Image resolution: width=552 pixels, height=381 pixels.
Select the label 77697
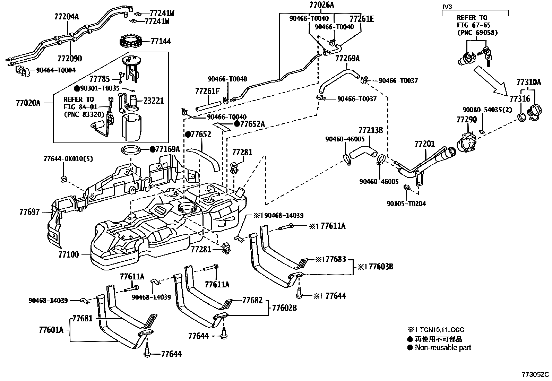(x=29, y=212)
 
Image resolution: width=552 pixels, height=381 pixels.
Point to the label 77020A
(x=28, y=103)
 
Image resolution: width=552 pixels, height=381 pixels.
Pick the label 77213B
(x=370, y=130)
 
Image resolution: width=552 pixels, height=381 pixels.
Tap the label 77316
(x=520, y=99)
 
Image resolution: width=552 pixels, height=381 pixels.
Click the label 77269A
(x=347, y=59)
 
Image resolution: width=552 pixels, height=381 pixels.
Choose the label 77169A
(x=167, y=149)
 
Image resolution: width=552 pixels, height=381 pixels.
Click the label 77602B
(x=284, y=308)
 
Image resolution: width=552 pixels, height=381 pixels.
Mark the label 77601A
(x=51, y=330)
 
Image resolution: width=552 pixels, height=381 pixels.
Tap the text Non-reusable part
(x=443, y=347)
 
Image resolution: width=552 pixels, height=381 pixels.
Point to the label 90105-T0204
(x=406, y=204)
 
